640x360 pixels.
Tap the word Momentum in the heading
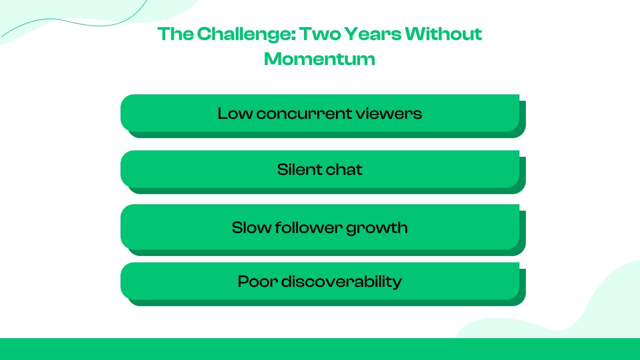(319, 59)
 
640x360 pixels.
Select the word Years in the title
(371, 34)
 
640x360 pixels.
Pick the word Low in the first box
(234, 113)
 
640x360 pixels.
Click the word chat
(343, 170)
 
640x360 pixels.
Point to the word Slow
(251, 228)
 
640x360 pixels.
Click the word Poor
(257, 281)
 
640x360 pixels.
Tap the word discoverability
(341, 281)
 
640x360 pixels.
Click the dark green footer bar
(320, 349)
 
